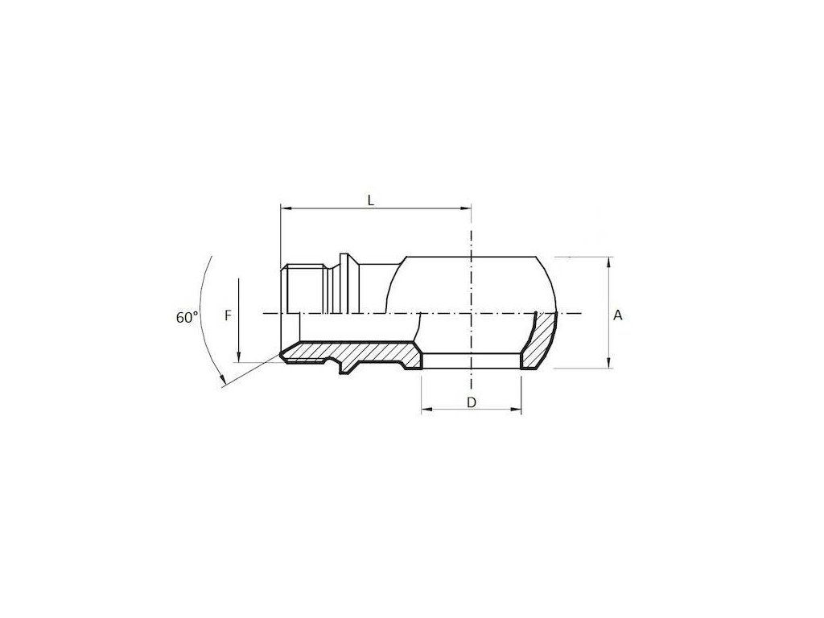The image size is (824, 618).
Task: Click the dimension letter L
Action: (x=371, y=200)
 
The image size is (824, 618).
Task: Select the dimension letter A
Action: (x=618, y=315)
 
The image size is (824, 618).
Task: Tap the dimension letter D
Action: (x=472, y=402)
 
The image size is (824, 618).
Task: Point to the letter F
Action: (x=228, y=315)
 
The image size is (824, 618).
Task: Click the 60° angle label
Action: (x=187, y=317)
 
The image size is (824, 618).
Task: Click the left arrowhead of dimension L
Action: (x=286, y=208)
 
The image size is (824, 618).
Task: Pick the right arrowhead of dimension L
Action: (x=466, y=208)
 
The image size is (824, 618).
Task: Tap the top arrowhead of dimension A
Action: (x=608, y=262)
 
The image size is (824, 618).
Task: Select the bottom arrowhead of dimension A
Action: (x=608, y=363)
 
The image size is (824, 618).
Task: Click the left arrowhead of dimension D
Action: (x=426, y=410)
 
